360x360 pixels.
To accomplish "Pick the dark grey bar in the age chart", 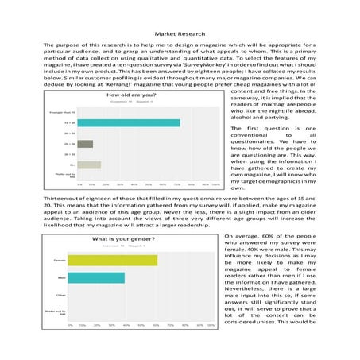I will (x=85, y=144).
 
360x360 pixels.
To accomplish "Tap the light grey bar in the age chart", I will (x=89, y=165).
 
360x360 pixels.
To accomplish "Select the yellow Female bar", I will (x=112, y=260).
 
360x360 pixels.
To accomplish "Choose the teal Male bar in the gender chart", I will (x=96, y=278).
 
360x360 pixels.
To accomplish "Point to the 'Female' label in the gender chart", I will (x=59, y=260).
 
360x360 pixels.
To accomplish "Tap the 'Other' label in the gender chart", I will (x=60, y=296).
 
